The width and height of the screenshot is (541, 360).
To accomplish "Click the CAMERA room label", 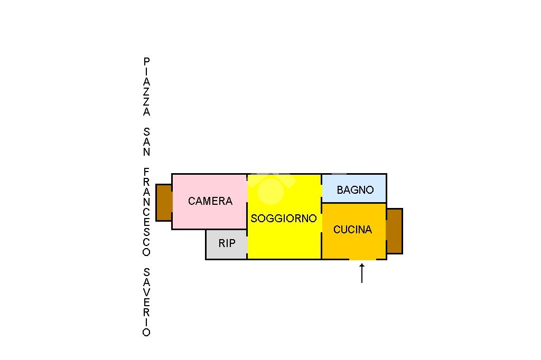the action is click(210, 201).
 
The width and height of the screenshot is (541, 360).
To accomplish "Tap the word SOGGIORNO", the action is click(284, 219).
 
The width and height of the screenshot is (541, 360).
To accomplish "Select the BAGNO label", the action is click(355, 190).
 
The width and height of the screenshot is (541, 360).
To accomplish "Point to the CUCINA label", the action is click(352, 230).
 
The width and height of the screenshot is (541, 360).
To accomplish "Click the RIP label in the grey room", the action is click(227, 243).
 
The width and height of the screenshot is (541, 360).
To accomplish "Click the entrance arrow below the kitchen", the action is click(362, 273).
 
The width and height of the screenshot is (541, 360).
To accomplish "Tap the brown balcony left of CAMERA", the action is click(164, 202).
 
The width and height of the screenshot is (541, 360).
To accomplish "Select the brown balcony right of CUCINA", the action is click(394, 231).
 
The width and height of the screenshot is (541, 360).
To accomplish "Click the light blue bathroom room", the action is click(354, 188).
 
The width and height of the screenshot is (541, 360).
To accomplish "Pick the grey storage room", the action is click(227, 244).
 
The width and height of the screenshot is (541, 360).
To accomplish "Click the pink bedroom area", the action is click(209, 202).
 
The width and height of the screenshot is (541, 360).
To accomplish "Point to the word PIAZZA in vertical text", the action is click(147, 87).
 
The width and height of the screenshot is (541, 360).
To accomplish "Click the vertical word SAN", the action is click(147, 141).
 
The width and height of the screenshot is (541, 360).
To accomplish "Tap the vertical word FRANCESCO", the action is click(147, 212).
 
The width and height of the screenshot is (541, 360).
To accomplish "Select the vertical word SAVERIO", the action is click(147, 302).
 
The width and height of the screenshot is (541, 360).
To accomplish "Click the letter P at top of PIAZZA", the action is click(147, 62).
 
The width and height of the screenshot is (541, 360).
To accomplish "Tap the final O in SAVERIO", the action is click(147, 333).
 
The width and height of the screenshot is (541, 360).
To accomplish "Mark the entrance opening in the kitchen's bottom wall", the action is click(362, 259).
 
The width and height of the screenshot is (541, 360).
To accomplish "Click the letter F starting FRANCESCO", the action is click(147, 172).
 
